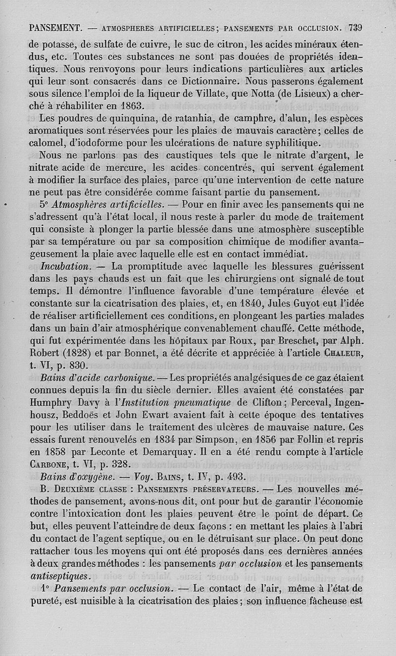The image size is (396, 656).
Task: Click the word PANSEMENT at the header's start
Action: (55, 28)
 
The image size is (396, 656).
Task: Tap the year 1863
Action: (126, 105)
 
